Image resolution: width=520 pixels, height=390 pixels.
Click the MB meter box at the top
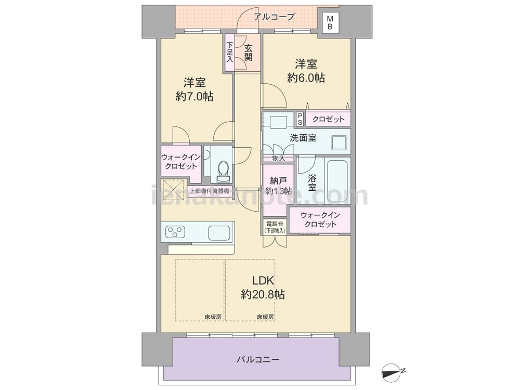point(330,22)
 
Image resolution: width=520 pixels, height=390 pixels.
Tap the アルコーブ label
point(274,17)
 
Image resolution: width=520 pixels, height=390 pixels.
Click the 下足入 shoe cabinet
point(229,52)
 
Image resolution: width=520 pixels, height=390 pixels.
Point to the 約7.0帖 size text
point(194,96)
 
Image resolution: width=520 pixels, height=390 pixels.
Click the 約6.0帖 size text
point(306,78)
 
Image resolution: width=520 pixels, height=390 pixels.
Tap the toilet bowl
point(223,168)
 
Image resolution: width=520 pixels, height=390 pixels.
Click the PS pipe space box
point(300,119)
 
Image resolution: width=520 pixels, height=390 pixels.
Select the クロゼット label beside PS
point(328,119)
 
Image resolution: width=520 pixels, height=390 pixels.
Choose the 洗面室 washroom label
point(303,138)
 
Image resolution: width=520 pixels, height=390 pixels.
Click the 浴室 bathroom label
point(311,182)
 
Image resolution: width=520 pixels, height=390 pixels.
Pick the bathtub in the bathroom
point(338,181)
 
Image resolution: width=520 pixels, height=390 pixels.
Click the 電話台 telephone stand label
point(274,227)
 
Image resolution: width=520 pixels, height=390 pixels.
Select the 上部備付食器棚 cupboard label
point(209,191)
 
